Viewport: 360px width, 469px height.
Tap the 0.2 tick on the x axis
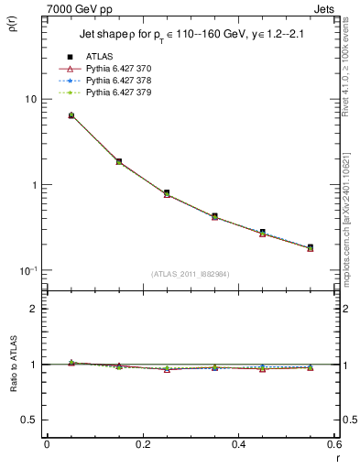point(142,444)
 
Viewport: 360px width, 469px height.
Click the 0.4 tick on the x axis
point(238,444)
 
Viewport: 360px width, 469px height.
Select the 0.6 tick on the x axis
point(334,444)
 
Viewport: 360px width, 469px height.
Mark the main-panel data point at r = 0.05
point(71,115)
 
